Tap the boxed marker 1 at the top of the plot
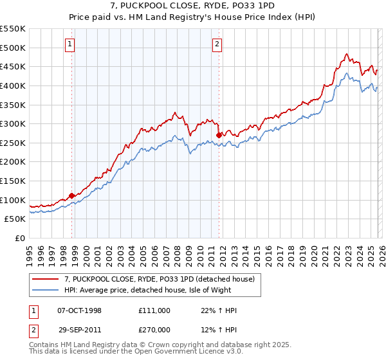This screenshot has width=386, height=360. click(69, 44)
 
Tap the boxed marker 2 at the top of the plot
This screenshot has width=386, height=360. click(217, 44)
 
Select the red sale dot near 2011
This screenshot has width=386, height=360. click(219, 135)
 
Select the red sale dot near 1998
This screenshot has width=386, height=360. click(71, 195)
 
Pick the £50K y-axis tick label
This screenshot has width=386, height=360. click(15, 219)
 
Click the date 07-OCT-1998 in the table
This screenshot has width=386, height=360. click(80, 310)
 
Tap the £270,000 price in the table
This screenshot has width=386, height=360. click(154, 330)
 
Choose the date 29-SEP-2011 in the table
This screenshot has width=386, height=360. click(80, 330)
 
